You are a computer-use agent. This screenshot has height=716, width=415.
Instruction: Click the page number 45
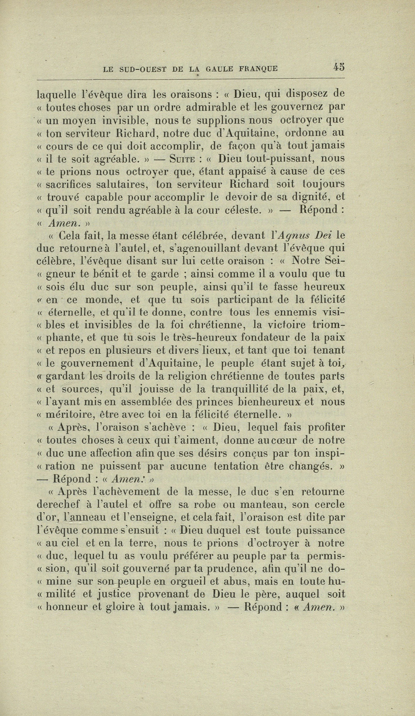339,67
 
